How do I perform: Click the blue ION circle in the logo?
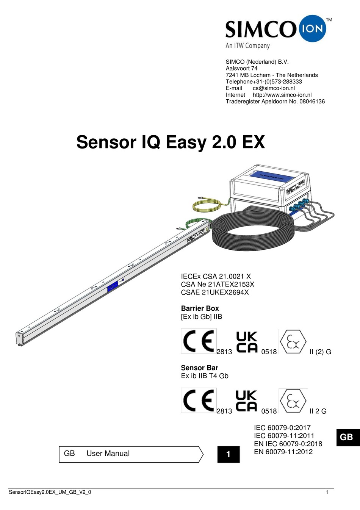312,28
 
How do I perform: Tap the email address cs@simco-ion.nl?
274,88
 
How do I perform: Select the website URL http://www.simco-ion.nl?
282,95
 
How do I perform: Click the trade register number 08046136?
312,101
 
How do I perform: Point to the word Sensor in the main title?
106,142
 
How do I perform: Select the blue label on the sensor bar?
113,286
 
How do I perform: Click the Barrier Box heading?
200,308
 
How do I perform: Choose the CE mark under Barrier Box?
199,341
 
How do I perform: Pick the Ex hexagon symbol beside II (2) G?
293,341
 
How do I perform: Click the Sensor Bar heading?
199,368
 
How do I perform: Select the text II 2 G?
318,411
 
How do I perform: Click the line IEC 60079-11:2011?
284,436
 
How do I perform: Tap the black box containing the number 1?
229,454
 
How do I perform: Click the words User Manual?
108,453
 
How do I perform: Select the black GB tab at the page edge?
348,437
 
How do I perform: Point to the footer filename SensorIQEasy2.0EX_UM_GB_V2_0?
50,492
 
